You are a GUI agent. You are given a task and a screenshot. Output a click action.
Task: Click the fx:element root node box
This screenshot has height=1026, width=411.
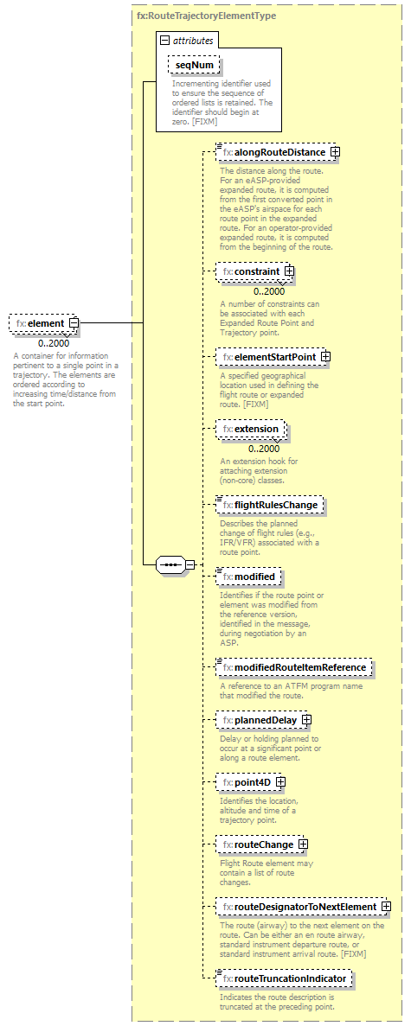point(40,323)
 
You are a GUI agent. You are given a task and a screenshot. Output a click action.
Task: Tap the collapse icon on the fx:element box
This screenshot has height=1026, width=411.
point(74,323)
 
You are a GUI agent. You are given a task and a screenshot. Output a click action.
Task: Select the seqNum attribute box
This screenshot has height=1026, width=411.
point(195,65)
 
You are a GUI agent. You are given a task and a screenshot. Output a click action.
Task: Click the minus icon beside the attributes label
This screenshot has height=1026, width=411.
point(164,41)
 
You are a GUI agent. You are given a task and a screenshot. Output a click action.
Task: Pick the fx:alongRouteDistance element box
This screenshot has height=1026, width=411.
point(273,152)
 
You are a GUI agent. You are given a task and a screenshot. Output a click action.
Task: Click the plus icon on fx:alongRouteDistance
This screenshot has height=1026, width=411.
point(335,152)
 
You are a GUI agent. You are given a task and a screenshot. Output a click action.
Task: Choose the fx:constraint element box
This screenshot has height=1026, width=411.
point(251,271)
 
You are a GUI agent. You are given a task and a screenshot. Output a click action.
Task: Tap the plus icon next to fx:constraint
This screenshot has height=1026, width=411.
point(289,271)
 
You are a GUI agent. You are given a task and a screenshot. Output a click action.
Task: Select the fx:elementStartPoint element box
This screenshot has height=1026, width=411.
point(270,356)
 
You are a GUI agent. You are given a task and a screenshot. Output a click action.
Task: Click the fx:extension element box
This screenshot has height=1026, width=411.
point(251,429)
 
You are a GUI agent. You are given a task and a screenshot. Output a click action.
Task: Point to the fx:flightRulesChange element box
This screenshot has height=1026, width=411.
point(271,504)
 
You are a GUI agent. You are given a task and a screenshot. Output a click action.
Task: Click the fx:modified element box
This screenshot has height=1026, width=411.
point(249,576)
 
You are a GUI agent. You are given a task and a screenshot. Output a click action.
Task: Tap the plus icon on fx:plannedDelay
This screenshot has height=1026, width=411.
point(306,719)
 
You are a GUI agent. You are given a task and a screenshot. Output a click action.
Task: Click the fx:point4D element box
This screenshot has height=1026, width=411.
point(247,782)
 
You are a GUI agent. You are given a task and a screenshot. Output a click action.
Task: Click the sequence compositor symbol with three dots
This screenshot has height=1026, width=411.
point(170,565)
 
